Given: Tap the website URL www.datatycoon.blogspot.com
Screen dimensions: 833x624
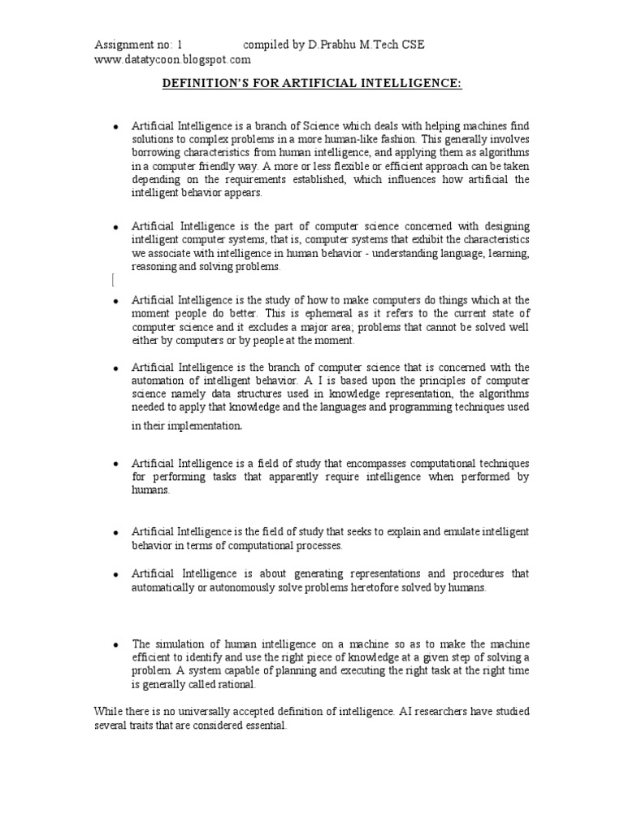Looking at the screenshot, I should [173, 59].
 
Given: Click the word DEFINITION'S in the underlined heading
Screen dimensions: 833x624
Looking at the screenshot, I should [206, 83].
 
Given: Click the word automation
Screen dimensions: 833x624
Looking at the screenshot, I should [158, 380].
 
